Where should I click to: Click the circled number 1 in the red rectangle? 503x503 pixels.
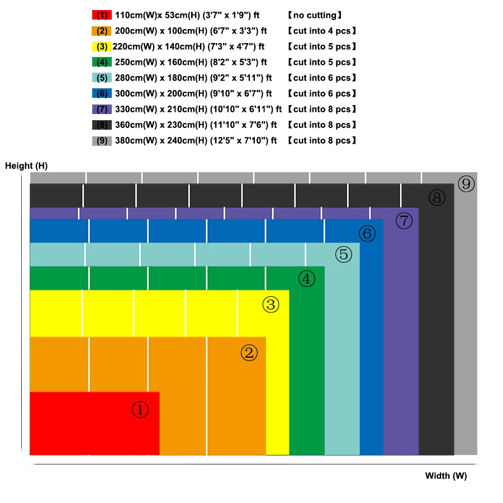140,410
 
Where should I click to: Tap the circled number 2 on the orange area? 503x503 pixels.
249,353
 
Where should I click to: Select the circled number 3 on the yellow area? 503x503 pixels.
271,305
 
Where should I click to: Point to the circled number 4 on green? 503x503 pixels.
306,279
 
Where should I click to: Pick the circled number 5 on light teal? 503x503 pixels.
344,255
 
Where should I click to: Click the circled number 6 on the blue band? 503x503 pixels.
367,234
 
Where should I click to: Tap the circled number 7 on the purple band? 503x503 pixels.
404,221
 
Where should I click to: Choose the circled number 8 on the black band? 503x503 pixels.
437,197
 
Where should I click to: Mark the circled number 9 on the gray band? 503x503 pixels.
466,183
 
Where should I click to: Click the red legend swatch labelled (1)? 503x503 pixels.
102,15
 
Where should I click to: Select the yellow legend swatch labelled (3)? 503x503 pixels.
102,46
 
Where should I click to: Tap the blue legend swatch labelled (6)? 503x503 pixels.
102,93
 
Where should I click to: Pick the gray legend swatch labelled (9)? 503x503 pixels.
102,140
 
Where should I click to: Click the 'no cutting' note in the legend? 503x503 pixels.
315,15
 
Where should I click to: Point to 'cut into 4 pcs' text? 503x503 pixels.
322,31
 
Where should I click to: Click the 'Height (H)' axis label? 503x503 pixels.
26,165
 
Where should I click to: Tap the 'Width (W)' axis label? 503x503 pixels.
445,476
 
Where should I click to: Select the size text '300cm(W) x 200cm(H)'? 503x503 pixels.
160,93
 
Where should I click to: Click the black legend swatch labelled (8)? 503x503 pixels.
102,125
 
